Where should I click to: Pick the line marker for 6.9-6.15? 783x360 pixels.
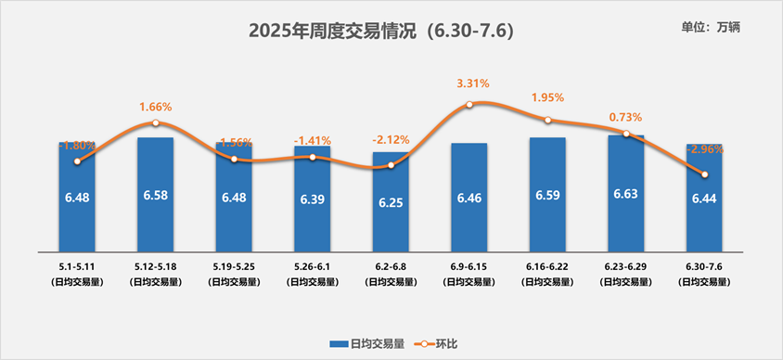tap(469, 105)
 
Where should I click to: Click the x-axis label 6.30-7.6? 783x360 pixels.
tap(704, 266)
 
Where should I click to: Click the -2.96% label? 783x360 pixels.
tap(704, 148)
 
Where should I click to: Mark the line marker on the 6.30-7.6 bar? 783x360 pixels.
tap(704, 174)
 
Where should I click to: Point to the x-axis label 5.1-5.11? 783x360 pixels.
tap(77, 266)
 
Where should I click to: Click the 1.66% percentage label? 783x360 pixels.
tap(156, 107)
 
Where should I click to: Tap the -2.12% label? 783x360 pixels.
tap(391, 140)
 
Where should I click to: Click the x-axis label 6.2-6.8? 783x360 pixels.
tap(391, 266)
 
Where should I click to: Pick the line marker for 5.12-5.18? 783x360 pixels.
tap(156, 123)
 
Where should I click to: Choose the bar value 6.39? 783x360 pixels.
tap(313, 199)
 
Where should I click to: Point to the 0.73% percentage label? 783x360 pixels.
tap(625, 118)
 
